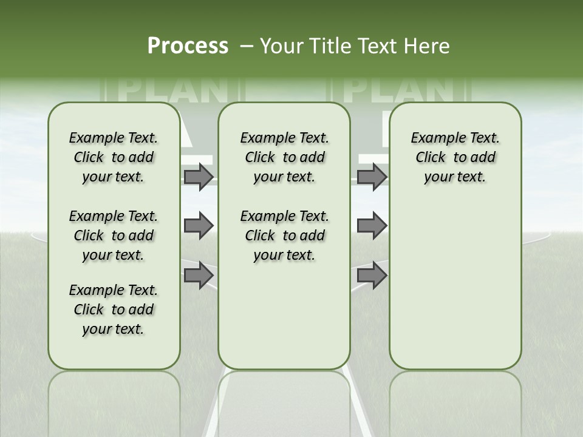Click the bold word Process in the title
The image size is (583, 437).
click(x=188, y=46)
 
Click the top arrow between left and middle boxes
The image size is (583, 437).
click(x=199, y=177)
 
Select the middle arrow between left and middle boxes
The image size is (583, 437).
click(x=199, y=226)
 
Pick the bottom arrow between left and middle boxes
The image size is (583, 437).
click(x=199, y=275)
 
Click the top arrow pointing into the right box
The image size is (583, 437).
click(x=372, y=177)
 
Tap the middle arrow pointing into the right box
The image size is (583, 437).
click(x=372, y=226)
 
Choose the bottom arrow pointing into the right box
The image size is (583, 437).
click(x=372, y=275)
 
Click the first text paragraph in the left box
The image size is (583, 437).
click(x=114, y=157)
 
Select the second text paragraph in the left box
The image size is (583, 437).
click(x=114, y=235)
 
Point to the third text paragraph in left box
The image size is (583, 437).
click(x=114, y=310)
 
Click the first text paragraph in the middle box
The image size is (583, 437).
click(x=284, y=157)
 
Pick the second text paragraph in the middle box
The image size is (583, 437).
click(x=284, y=235)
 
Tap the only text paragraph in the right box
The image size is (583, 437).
click(x=455, y=157)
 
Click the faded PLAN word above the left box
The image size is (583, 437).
click(x=173, y=90)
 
